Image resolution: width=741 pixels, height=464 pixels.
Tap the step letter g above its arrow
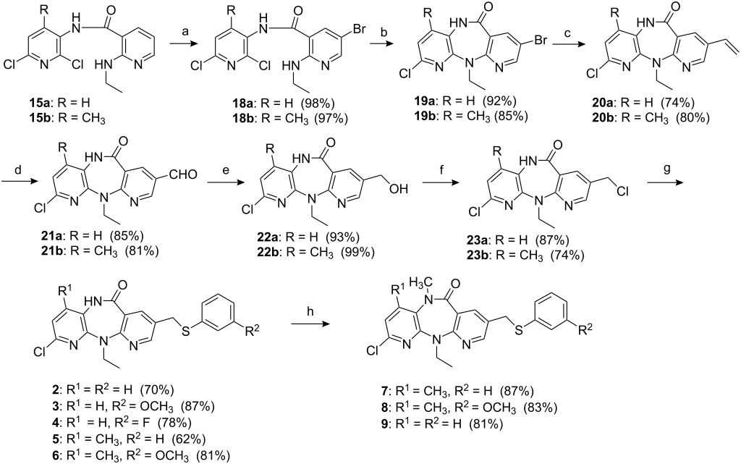(667, 170)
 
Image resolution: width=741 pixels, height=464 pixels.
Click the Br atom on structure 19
(538, 41)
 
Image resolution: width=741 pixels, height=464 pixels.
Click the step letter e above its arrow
(226, 170)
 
